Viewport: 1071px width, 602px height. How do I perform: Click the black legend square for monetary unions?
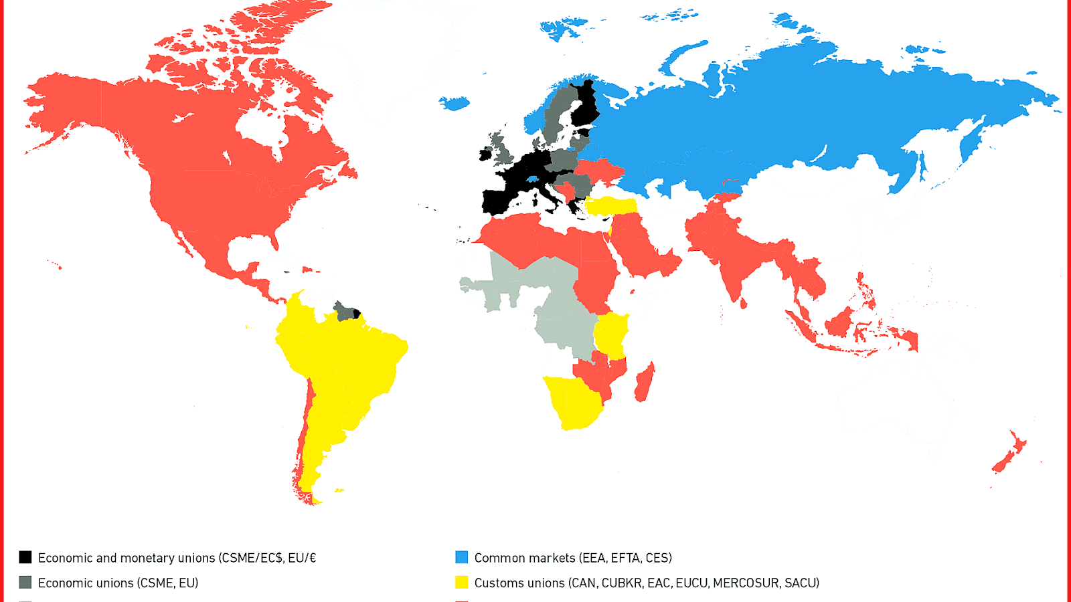coord(25,557)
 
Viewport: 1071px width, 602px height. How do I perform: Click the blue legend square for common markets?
coord(462,557)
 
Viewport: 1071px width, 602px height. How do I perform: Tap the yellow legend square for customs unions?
coord(462,583)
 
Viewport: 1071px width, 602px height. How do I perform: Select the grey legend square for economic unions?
coord(25,583)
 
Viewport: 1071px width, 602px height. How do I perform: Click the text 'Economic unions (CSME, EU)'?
coord(118,583)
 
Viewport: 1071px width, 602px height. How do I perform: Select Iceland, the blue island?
coord(455,103)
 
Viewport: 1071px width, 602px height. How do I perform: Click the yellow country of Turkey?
coord(612,205)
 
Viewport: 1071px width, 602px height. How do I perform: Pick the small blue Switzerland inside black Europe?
coord(532,179)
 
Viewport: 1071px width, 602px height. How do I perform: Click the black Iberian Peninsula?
coord(497,201)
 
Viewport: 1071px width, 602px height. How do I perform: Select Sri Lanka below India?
coord(744,303)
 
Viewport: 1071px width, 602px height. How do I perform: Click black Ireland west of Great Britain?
coord(485,155)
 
